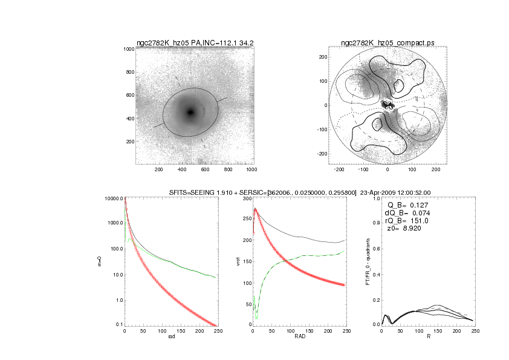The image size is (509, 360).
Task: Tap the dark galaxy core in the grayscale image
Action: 190,112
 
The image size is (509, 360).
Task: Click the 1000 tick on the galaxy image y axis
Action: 129,49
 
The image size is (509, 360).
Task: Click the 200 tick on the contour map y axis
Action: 323,56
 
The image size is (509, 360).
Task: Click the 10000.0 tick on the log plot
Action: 114,198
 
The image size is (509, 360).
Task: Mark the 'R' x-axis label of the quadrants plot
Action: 428,338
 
